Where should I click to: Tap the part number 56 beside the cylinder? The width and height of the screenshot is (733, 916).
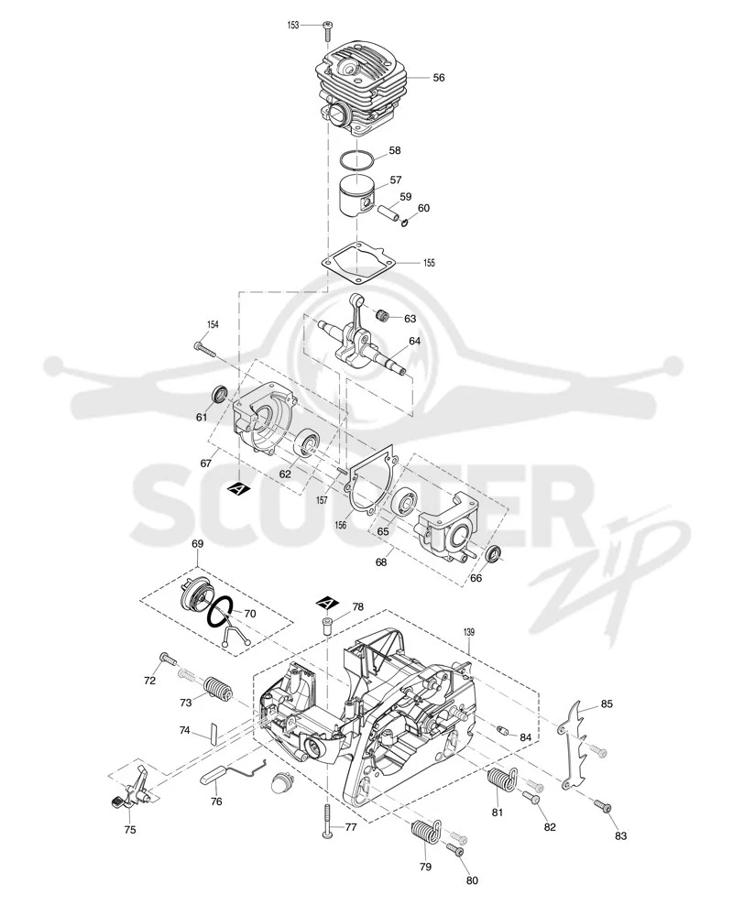pyautogui.click(x=438, y=78)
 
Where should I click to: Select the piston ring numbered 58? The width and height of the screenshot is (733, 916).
pyautogui.click(x=357, y=160)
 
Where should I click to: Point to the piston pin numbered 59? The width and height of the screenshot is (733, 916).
pyautogui.click(x=390, y=213)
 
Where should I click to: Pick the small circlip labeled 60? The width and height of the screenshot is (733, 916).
pyautogui.click(x=404, y=222)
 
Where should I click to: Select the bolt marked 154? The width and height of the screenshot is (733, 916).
pyautogui.click(x=204, y=349)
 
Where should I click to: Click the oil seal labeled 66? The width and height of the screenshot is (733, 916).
pyautogui.click(x=495, y=554)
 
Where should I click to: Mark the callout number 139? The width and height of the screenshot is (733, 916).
pyautogui.click(x=468, y=632)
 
